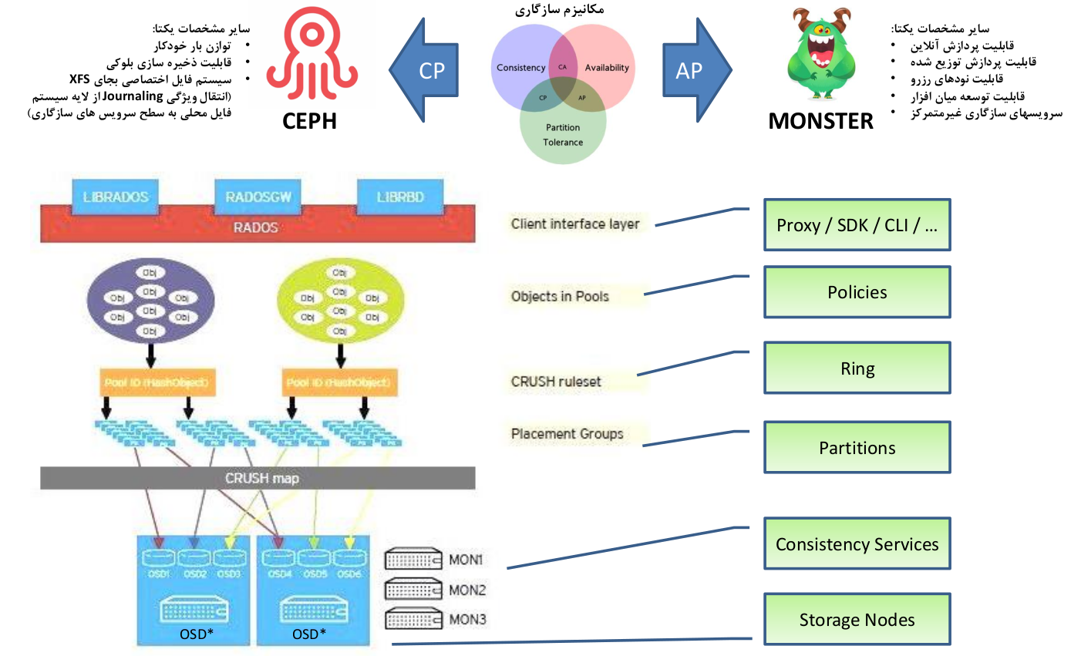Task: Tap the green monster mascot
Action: (x=820, y=54)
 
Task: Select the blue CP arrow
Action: (x=425, y=70)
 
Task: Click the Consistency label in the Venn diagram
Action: (x=520, y=68)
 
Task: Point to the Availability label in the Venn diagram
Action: (x=607, y=68)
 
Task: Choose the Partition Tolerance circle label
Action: (x=563, y=135)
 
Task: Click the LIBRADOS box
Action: (x=115, y=197)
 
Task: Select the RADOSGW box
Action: (x=258, y=197)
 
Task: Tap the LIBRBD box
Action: (x=400, y=197)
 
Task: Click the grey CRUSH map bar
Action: (x=258, y=478)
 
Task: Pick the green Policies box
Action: (x=857, y=292)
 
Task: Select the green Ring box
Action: (x=857, y=368)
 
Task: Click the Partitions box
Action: (x=857, y=448)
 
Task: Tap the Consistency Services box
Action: (x=857, y=544)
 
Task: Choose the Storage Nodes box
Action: (x=857, y=620)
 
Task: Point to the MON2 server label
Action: (x=467, y=590)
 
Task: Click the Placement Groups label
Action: (x=567, y=434)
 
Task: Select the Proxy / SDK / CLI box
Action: (x=857, y=225)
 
